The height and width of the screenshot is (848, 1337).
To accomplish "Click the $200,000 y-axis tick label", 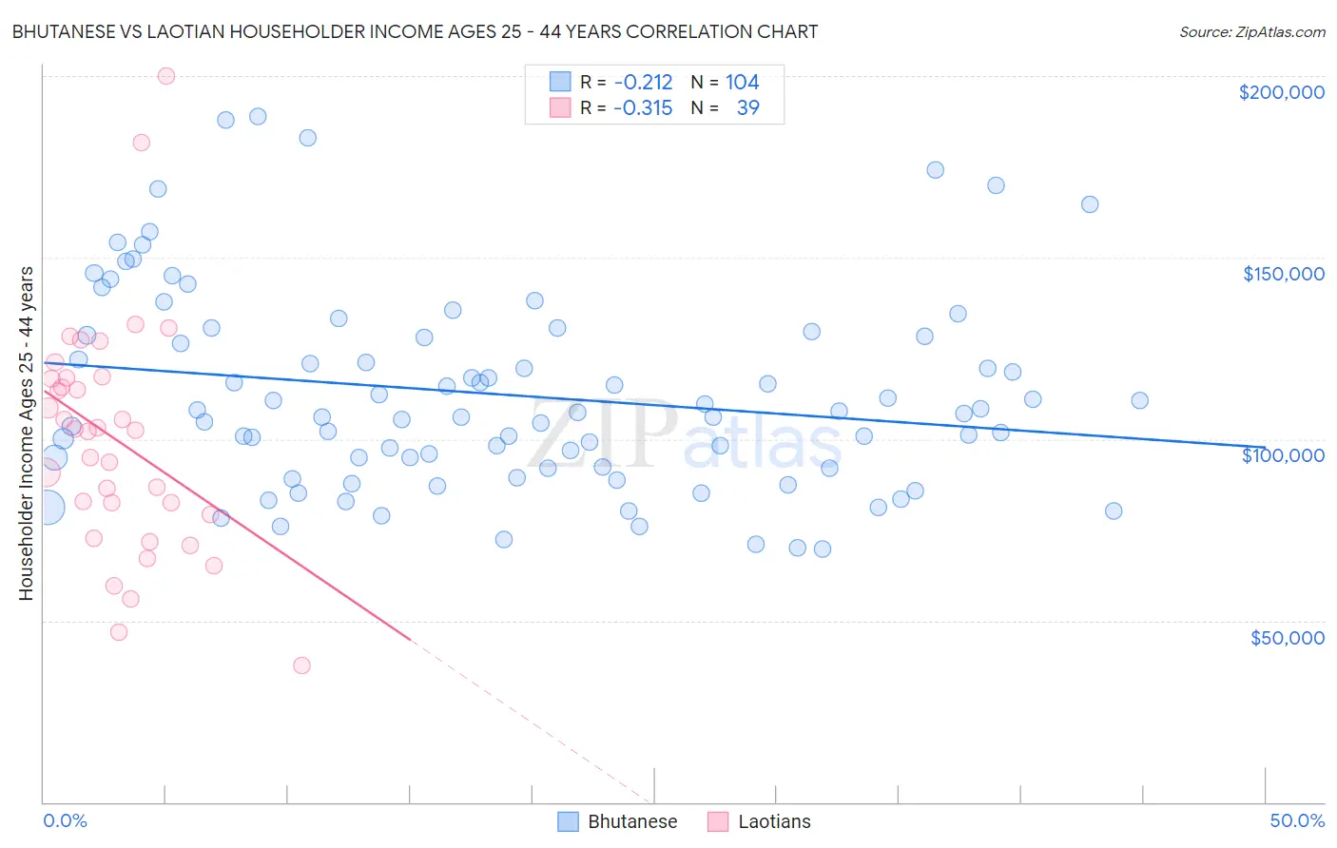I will point(1281,92).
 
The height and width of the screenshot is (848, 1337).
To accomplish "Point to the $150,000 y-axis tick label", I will point(1283,274).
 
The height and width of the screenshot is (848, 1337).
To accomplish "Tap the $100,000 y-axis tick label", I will point(1283,455).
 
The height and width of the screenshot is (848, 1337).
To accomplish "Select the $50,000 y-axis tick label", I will point(1287,637).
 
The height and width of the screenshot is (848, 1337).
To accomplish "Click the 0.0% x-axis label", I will point(65,820).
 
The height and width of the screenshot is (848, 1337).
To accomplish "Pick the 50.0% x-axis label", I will point(1297,820).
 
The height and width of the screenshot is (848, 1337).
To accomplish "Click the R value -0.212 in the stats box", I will point(643,82).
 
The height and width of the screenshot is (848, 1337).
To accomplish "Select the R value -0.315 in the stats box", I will point(643,107).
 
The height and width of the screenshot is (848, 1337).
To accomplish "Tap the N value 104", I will point(742,82).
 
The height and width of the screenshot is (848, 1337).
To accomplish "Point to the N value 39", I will point(747,107).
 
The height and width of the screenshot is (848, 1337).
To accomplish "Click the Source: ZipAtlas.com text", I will point(1251,31).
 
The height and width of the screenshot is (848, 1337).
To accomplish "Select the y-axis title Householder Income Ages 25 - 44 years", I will point(26,434).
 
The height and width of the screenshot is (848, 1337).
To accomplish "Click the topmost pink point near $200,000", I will point(165,76).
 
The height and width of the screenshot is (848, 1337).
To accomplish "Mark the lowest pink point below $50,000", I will point(301,665).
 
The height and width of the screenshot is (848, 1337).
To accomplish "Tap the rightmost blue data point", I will point(1139,400).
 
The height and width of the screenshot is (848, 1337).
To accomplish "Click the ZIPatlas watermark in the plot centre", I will point(685,434).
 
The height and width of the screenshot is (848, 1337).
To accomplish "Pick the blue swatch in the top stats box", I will point(560,82).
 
